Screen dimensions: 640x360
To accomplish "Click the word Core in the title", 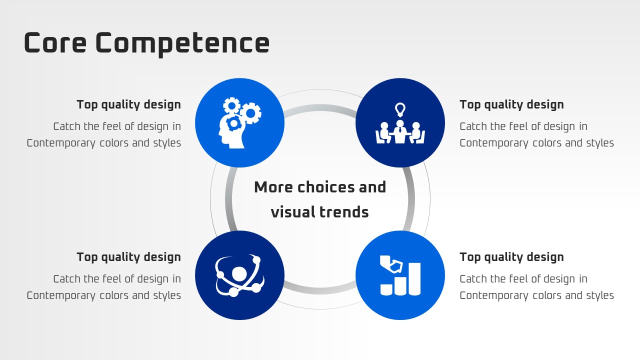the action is tap(55, 42).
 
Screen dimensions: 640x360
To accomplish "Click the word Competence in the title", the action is tap(182, 44).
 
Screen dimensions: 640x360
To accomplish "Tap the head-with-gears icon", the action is tap(239, 122).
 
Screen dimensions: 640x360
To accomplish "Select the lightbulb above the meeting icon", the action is tap(400, 109).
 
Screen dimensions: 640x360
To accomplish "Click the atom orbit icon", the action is tap(239, 275).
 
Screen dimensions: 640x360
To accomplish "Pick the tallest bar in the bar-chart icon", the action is tap(414, 279).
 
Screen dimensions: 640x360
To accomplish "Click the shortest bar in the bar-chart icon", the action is tap(386, 289).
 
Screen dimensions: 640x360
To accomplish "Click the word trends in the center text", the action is tap(344, 212).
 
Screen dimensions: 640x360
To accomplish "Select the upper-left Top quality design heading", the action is tap(128, 105).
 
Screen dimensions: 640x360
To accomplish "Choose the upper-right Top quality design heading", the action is tap(511, 105).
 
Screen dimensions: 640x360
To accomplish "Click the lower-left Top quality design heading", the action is tap(128, 257).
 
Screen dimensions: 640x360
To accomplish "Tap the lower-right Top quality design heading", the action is tap(511, 257).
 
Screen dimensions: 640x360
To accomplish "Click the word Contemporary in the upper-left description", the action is tap(61, 143).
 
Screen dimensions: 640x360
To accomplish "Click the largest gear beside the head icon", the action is tap(250, 113).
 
